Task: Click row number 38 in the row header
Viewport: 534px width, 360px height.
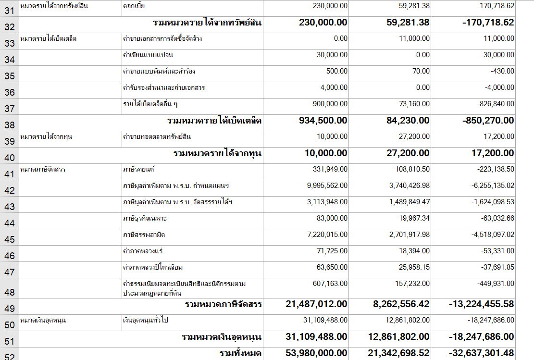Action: point(9,125)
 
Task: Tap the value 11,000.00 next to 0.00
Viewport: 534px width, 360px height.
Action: point(414,38)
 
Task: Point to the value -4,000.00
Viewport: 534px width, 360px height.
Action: point(497,87)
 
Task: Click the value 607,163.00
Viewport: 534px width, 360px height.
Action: point(330,284)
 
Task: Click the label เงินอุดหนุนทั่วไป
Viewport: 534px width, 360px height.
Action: point(145,320)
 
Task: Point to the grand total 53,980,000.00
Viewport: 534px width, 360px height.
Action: point(316,353)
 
